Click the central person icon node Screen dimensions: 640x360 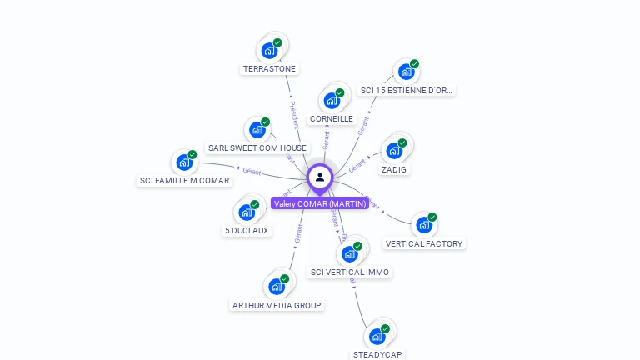click(x=320, y=177)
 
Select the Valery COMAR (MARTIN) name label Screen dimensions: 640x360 click(x=320, y=203)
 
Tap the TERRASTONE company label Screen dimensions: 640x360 click(x=269, y=69)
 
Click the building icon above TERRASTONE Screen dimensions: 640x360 click(x=269, y=51)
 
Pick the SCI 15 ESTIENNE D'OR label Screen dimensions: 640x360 click(x=407, y=90)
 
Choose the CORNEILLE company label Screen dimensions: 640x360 click(x=332, y=119)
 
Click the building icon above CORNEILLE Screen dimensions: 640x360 click(x=332, y=101)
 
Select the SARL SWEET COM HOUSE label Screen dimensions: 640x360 click(x=257, y=147)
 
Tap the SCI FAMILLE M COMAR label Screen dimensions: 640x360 click(x=184, y=180)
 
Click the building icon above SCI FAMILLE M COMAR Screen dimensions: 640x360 click(x=184, y=162)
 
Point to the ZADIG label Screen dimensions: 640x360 click(x=394, y=169)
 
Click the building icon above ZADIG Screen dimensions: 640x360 click(x=394, y=151)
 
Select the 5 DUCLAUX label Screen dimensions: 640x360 click(x=247, y=230)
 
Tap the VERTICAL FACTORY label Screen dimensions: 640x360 click(x=424, y=243)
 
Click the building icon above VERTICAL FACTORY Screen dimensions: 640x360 click(x=424, y=225)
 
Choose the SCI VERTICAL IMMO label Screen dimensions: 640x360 click(x=350, y=272)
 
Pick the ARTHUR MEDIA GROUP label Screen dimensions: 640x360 click(x=277, y=305)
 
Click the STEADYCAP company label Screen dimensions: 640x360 click(x=377, y=354)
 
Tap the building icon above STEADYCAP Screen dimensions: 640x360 click(x=377, y=336)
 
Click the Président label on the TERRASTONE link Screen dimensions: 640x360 click(x=292, y=114)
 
